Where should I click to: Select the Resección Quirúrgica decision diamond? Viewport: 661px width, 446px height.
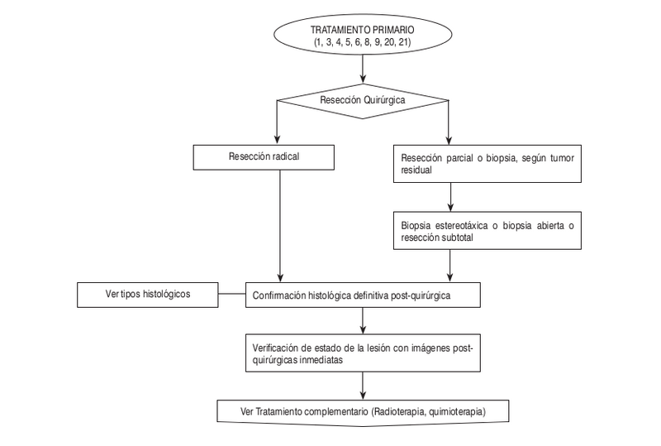pos(364,101)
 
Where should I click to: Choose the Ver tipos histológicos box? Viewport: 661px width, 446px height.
pos(147,293)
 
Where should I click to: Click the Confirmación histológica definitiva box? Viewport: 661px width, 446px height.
pos(364,294)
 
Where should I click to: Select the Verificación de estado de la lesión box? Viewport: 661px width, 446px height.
pos(364,354)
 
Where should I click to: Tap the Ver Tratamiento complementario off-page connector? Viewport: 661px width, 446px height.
pos(364,411)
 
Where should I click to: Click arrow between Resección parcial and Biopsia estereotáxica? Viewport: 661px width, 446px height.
pos(449,198)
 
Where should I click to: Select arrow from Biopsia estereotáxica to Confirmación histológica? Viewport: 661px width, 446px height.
pos(449,265)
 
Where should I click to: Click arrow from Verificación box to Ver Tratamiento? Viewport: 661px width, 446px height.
pos(364,385)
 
